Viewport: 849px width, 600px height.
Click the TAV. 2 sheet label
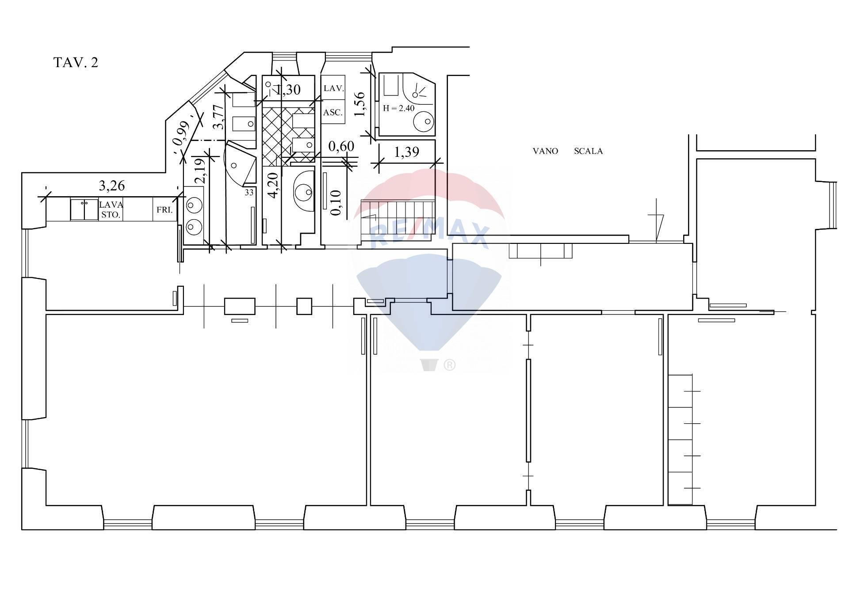pyautogui.click(x=76, y=63)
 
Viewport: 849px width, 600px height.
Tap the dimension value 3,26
pyautogui.click(x=112, y=186)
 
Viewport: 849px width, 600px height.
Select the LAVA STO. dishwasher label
pyautogui.click(x=111, y=210)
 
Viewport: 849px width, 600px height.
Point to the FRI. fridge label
pyautogui.click(x=164, y=210)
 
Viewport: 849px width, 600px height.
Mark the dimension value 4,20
pyautogui.click(x=273, y=185)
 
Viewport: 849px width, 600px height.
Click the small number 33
pyautogui.click(x=249, y=193)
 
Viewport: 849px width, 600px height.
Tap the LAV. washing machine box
pyautogui.click(x=333, y=88)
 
